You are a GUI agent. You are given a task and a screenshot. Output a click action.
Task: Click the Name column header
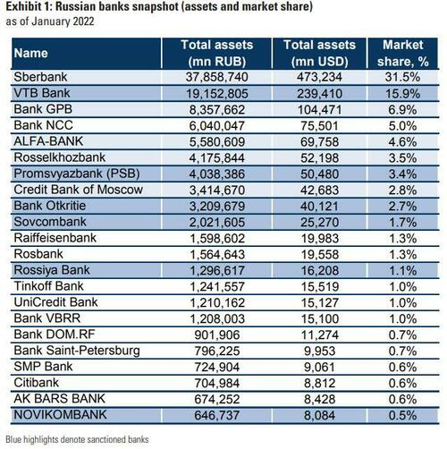31,54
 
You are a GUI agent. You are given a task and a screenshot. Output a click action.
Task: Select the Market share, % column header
403,54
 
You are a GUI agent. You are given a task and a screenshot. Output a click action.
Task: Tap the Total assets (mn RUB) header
217,54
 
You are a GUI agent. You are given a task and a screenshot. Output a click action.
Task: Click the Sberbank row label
40,77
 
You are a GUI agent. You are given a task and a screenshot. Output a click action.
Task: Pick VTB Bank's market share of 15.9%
403,94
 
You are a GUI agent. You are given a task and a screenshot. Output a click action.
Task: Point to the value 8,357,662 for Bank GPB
217,110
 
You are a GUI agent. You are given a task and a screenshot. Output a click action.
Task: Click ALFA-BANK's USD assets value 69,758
319,142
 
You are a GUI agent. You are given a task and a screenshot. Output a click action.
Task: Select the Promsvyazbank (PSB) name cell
77,174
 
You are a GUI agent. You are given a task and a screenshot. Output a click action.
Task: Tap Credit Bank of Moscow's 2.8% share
403,191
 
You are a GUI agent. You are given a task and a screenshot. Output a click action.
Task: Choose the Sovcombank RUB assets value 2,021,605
217,223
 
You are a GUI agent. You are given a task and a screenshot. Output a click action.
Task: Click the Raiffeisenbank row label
55,238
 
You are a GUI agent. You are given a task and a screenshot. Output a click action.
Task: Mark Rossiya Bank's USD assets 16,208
319,271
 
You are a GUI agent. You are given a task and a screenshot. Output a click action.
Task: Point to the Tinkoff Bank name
49,286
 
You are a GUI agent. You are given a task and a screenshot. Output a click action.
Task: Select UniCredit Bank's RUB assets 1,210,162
217,303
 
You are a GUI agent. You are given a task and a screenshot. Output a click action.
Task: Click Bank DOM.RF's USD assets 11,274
319,335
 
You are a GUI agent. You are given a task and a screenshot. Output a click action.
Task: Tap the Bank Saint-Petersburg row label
77,351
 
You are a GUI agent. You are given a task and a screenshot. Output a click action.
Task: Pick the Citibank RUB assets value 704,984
217,384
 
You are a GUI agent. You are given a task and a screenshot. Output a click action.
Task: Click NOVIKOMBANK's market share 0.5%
403,416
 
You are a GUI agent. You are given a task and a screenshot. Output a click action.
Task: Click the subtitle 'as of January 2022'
50,21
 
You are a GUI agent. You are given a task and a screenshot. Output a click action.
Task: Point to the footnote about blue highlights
77,439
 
